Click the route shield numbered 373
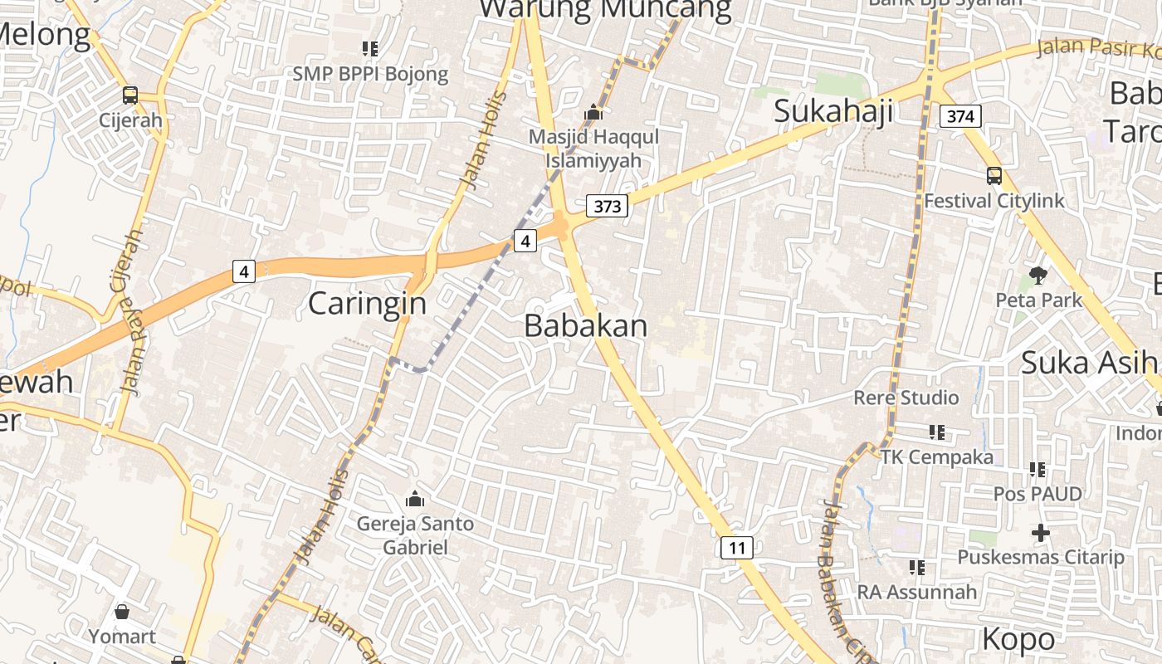pyautogui.click(x=608, y=206)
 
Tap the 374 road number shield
pyautogui.click(x=960, y=116)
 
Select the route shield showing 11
pyautogui.click(x=736, y=547)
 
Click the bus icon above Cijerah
pyautogui.click(x=130, y=95)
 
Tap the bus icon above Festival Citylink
pyautogui.click(x=994, y=176)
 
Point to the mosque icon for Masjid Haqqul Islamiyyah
pyautogui.click(x=593, y=112)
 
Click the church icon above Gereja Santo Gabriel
pyautogui.click(x=414, y=499)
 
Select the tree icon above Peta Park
pyautogui.click(x=1037, y=275)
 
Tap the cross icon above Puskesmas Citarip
pyautogui.click(x=1041, y=532)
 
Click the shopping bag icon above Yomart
pyautogui.click(x=122, y=613)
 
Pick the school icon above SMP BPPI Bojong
pyautogui.click(x=370, y=49)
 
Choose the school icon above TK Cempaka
pyautogui.click(x=937, y=432)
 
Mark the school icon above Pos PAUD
pyautogui.click(x=1037, y=470)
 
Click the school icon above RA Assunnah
pyautogui.click(x=917, y=568)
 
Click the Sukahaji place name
pyautogui.click(x=832, y=110)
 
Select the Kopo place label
pyautogui.click(x=1018, y=639)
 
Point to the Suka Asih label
pyautogui.click(x=1088, y=363)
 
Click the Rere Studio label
pyautogui.click(x=906, y=398)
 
